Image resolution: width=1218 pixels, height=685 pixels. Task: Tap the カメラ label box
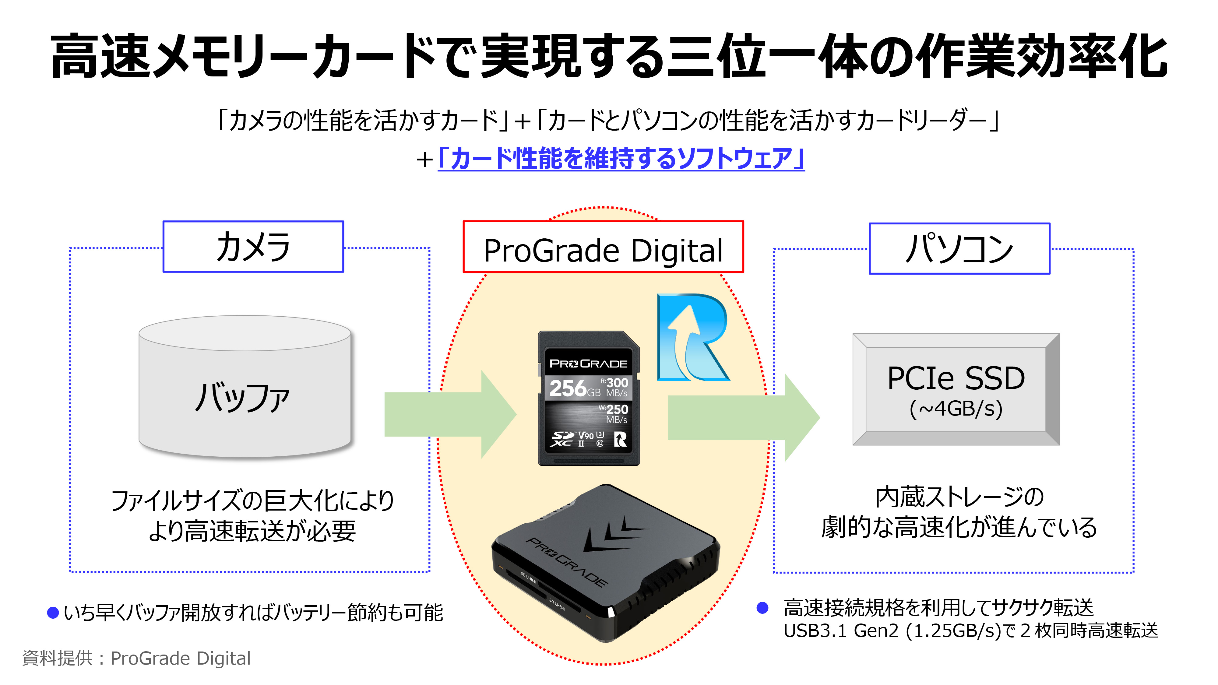(x=253, y=247)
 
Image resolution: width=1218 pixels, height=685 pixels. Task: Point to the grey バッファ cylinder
(x=245, y=388)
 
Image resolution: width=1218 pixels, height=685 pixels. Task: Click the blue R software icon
(x=693, y=338)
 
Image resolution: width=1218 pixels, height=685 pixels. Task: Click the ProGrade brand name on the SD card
(x=588, y=364)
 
